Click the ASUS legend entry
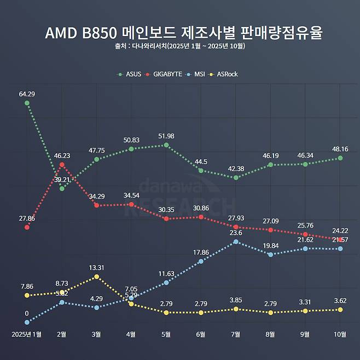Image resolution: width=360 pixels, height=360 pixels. click(x=131, y=74)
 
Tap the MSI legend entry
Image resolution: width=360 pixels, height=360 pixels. click(x=198, y=74)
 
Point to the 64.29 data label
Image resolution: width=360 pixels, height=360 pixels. click(x=27, y=94)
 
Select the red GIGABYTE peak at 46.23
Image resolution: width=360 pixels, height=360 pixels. click(x=62, y=165)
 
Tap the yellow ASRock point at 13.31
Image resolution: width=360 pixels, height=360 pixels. click(x=96, y=277)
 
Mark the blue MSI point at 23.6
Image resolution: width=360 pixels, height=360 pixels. click(x=236, y=241)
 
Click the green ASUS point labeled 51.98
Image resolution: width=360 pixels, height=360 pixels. click(x=166, y=145)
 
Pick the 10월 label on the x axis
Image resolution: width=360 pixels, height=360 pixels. click(x=340, y=334)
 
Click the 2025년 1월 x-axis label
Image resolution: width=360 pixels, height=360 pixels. click(x=27, y=334)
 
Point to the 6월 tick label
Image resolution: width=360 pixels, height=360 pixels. click(x=201, y=334)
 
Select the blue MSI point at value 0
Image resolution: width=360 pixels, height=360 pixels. click(x=27, y=322)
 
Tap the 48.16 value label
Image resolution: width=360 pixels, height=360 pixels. click(x=340, y=149)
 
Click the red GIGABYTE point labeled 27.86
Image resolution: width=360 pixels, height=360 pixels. click(x=27, y=227)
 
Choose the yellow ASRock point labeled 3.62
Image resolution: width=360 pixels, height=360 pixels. click(x=340, y=310)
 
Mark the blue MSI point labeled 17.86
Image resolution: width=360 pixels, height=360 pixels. click(x=201, y=261)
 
